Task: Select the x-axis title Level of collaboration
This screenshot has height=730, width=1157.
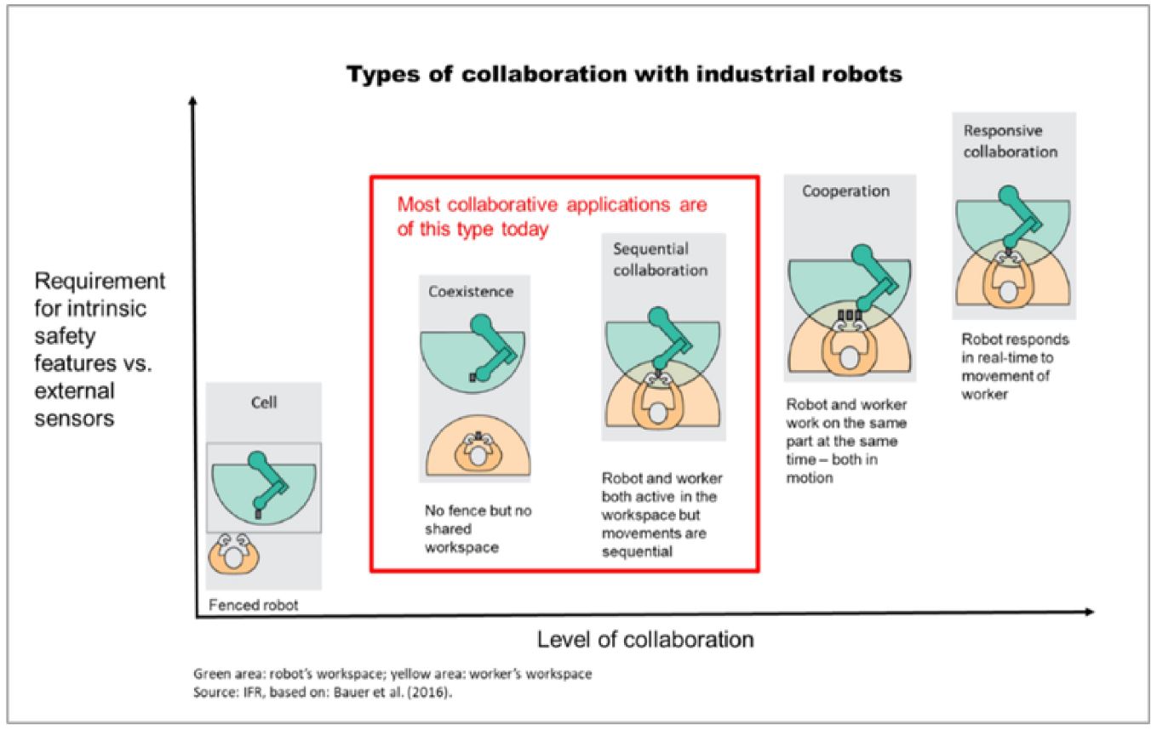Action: coord(644,639)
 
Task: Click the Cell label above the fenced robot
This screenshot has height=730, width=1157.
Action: coord(263,402)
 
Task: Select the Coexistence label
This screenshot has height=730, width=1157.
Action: coord(471,292)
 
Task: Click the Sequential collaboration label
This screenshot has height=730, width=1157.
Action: coord(660,259)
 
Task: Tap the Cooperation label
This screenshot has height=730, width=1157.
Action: coord(845,191)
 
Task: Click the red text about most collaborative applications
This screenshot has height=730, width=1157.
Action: coord(553,217)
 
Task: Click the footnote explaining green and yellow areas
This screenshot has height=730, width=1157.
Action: coord(392,674)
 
